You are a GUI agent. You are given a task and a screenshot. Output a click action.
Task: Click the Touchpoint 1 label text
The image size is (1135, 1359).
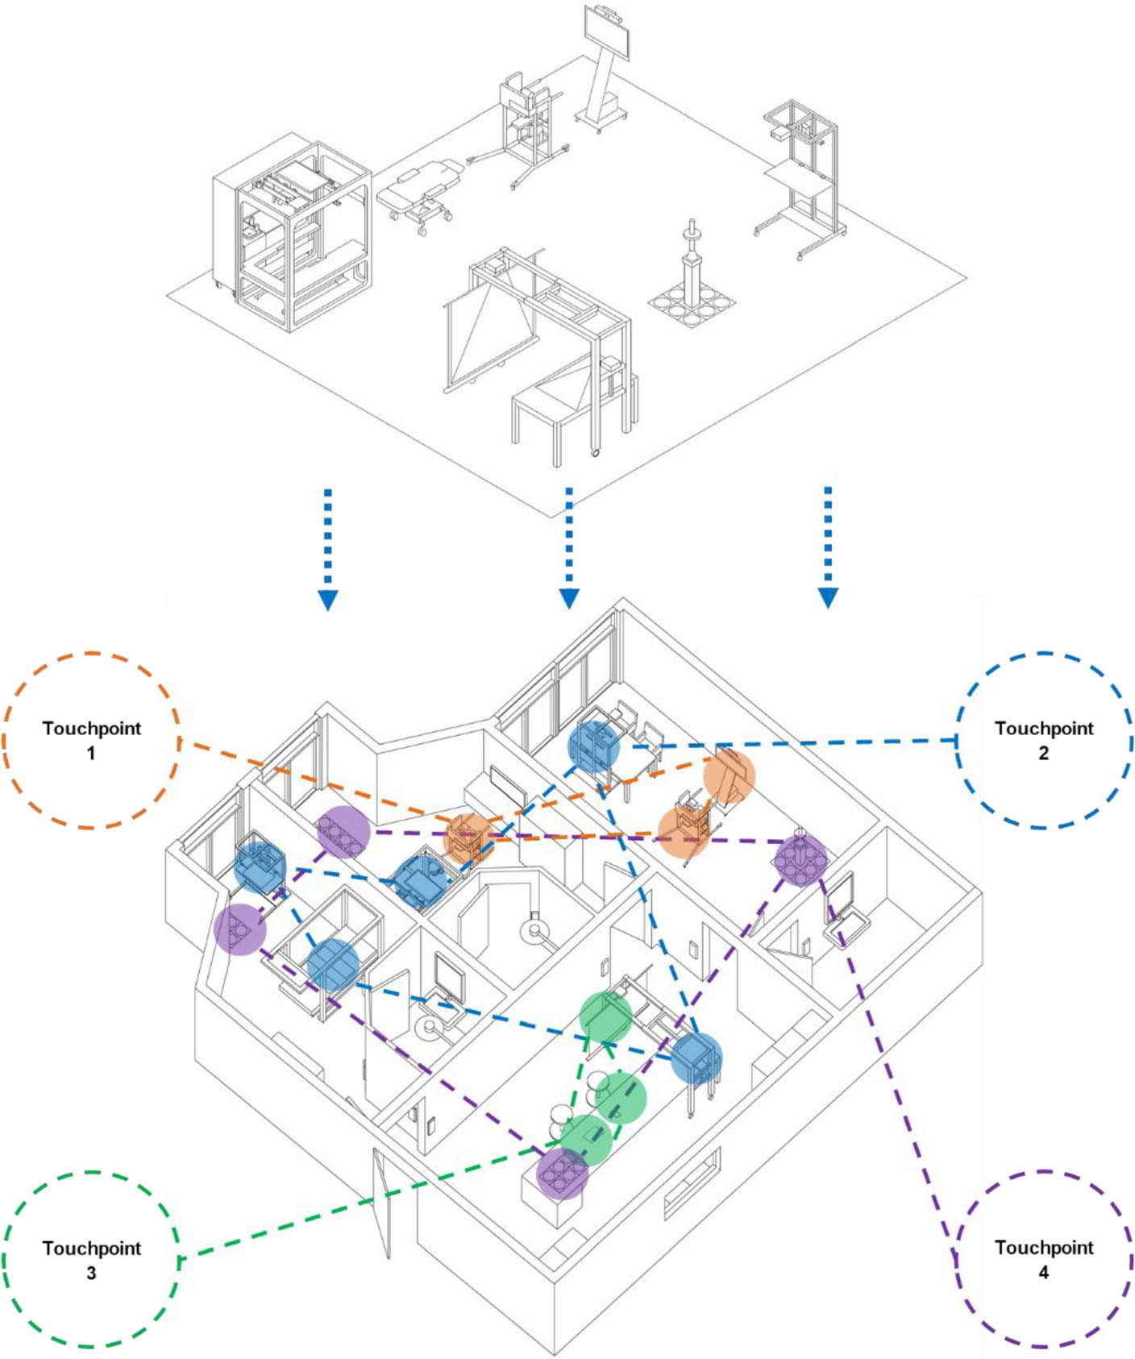tap(91, 740)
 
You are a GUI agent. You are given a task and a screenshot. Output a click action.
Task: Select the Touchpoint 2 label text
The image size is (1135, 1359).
tap(1043, 740)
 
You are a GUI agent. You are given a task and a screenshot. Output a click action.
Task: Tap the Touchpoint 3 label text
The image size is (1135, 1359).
tap(91, 1260)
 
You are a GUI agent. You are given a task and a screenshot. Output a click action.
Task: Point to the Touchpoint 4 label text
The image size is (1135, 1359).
tap(1043, 1259)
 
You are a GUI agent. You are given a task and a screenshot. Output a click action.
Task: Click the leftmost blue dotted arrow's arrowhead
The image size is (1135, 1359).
tap(327, 600)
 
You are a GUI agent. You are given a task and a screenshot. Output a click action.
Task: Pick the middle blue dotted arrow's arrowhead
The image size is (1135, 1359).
tap(569, 598)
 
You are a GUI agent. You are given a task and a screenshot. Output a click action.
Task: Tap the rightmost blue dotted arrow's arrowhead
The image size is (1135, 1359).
tap(828, 597)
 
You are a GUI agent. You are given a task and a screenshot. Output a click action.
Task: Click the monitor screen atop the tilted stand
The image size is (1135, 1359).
tap(607, 30)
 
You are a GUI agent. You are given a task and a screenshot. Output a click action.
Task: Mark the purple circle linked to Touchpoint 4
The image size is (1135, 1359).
tap(800, 860)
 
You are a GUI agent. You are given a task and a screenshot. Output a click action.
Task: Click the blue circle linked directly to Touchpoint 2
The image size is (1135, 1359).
tap(594, 746)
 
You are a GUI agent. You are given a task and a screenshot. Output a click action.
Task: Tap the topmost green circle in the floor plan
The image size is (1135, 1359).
tap(606, 1017)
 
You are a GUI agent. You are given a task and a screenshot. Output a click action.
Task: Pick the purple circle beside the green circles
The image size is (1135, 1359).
tap(562, 1174)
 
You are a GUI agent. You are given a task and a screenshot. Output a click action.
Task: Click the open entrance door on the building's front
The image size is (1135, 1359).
tap(382, 1201)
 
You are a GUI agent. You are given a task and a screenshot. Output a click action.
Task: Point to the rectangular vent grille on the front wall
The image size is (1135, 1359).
tap(691, 1183)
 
